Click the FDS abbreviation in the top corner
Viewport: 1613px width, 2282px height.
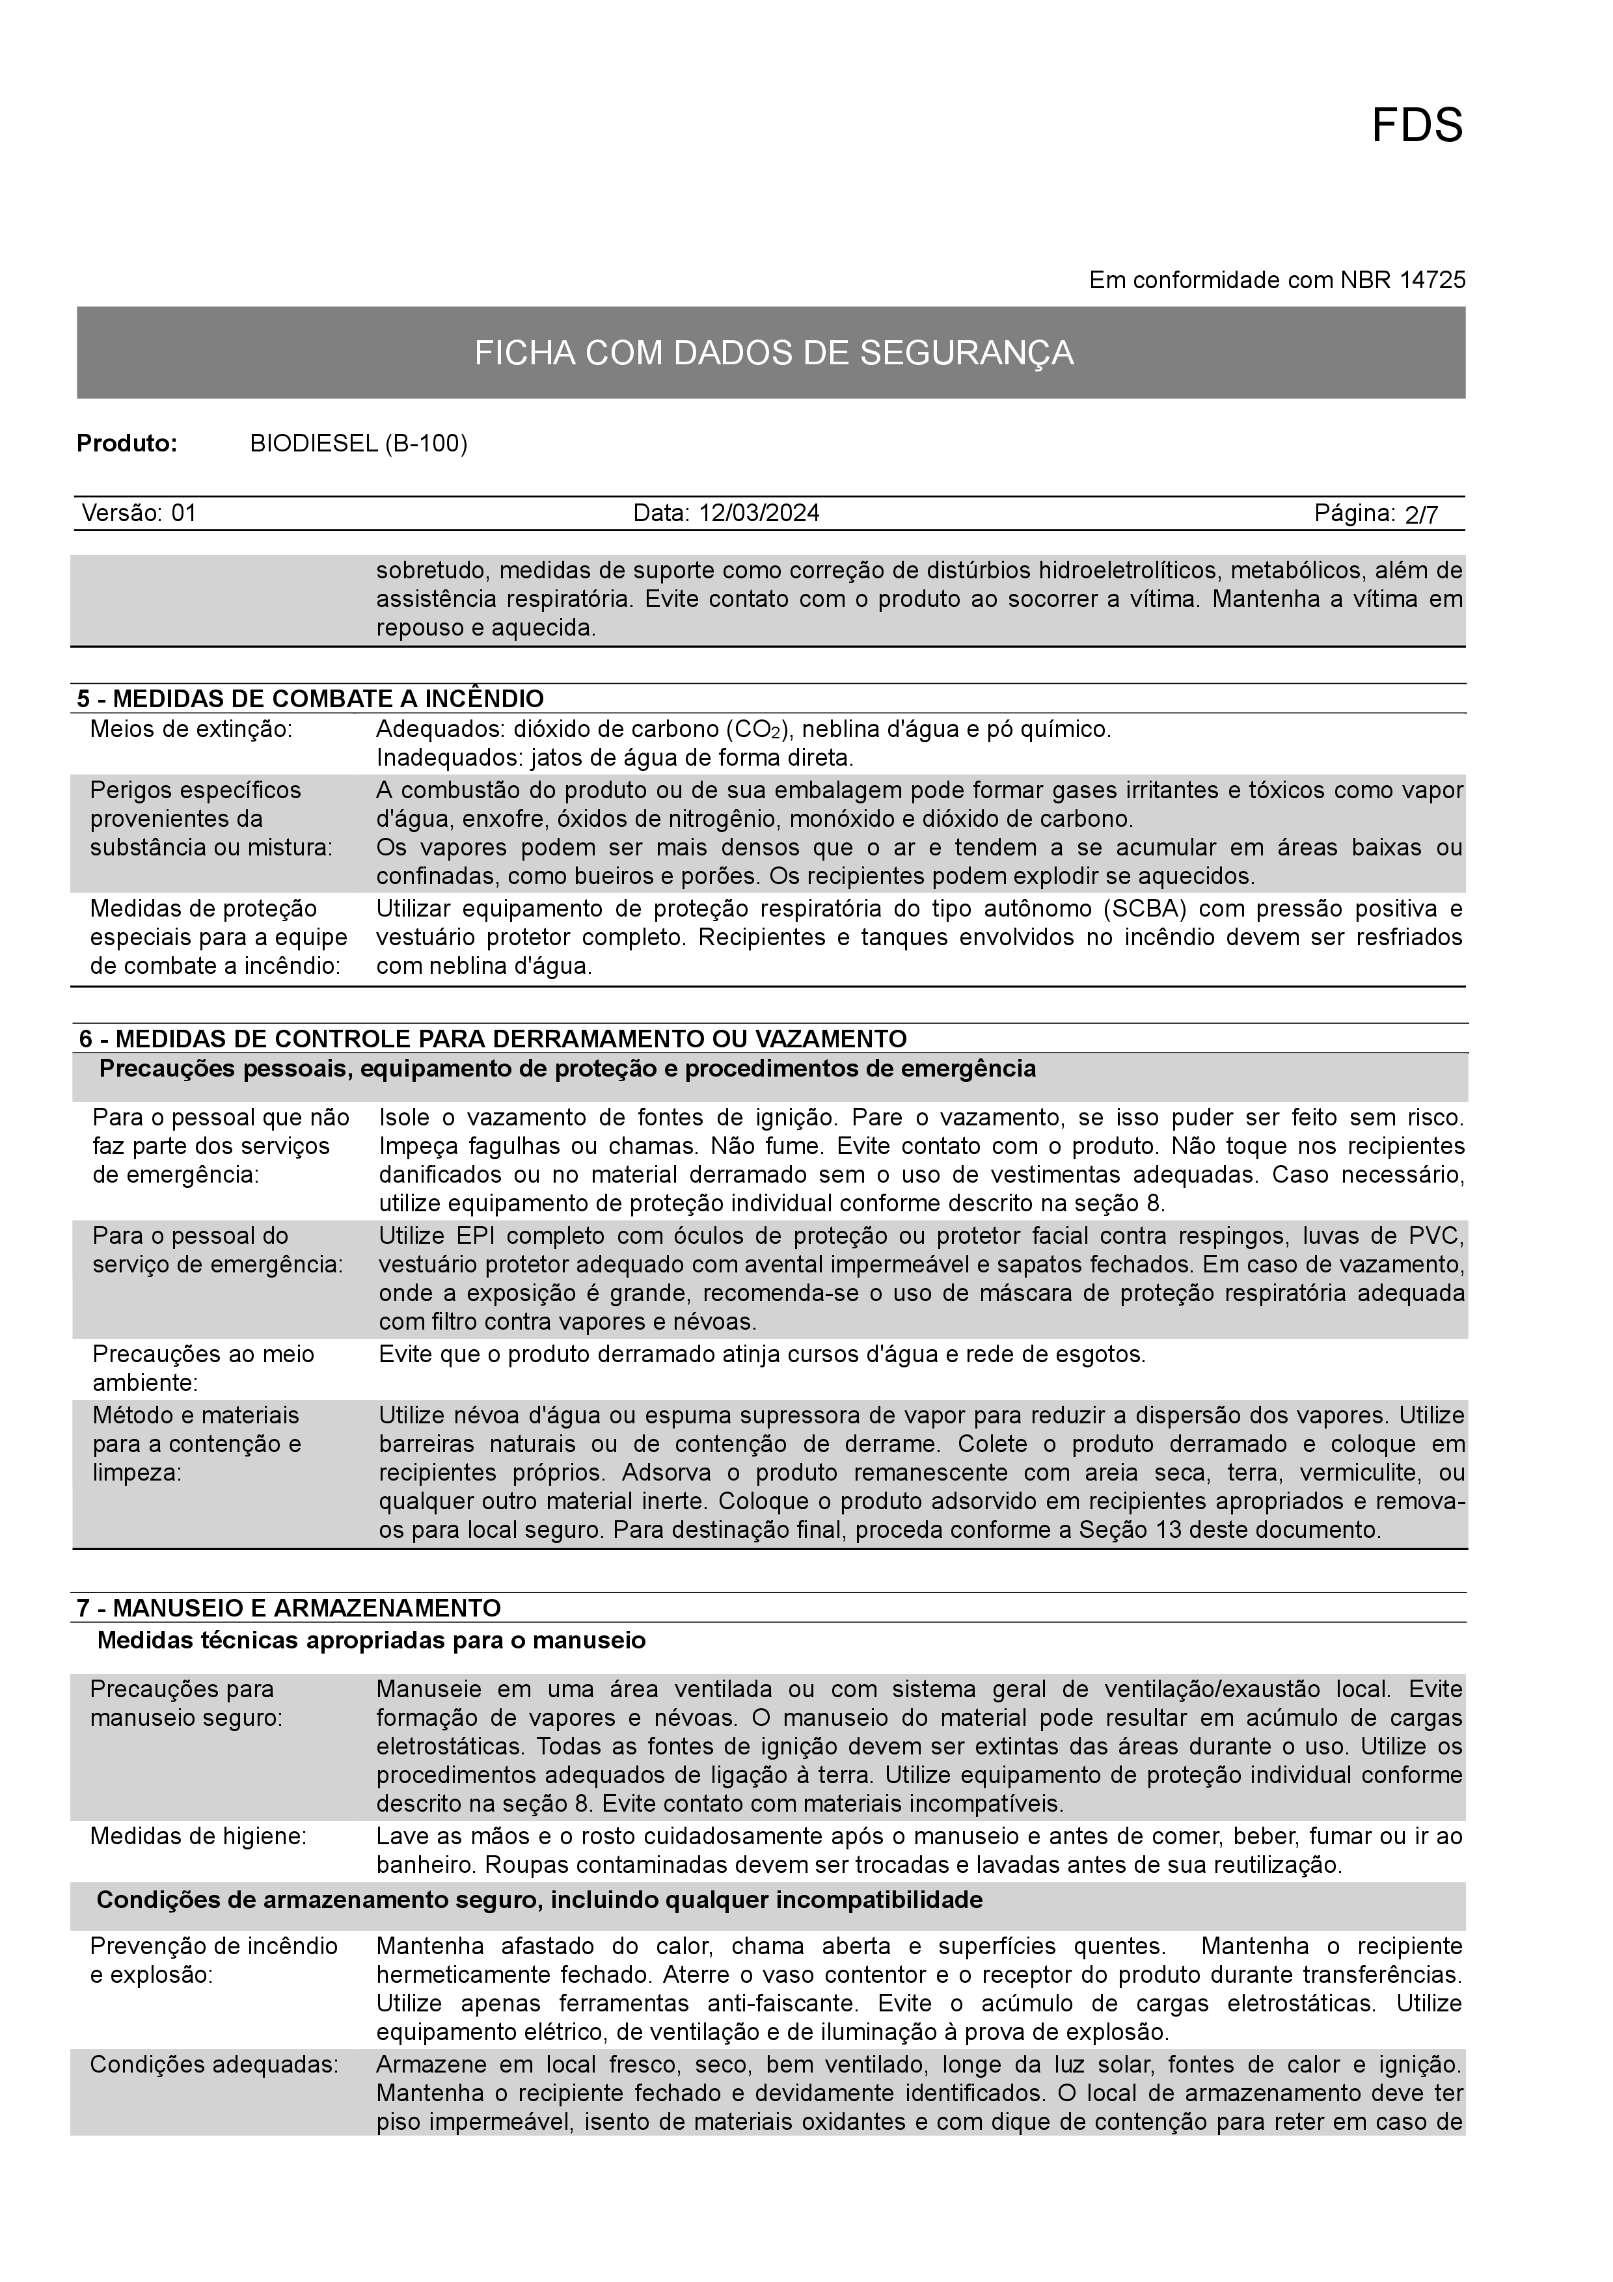click(x=1416, y=126)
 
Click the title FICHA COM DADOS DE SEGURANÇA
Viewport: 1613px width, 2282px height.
click(x=773, y=353)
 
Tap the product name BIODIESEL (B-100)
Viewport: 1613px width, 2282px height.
click(x=358, y=443)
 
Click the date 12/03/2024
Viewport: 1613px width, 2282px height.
click(x=759, y=513)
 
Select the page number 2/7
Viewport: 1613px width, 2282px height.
click(x=1421, y=515)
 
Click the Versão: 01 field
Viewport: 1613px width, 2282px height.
click(x=139, y=513)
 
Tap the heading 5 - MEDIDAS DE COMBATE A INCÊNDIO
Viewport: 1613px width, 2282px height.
click(x=311, y=699)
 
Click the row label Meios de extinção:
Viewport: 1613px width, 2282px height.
click(x=191, y=729)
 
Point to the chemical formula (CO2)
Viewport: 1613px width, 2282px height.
click(x=757, y=729)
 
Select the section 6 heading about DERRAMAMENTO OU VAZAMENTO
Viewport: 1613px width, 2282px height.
click(x=493, y=1039)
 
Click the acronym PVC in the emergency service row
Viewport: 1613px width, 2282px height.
click(x=1437, y=1237)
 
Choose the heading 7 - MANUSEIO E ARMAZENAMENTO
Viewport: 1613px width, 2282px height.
click(x=289, y=1608)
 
